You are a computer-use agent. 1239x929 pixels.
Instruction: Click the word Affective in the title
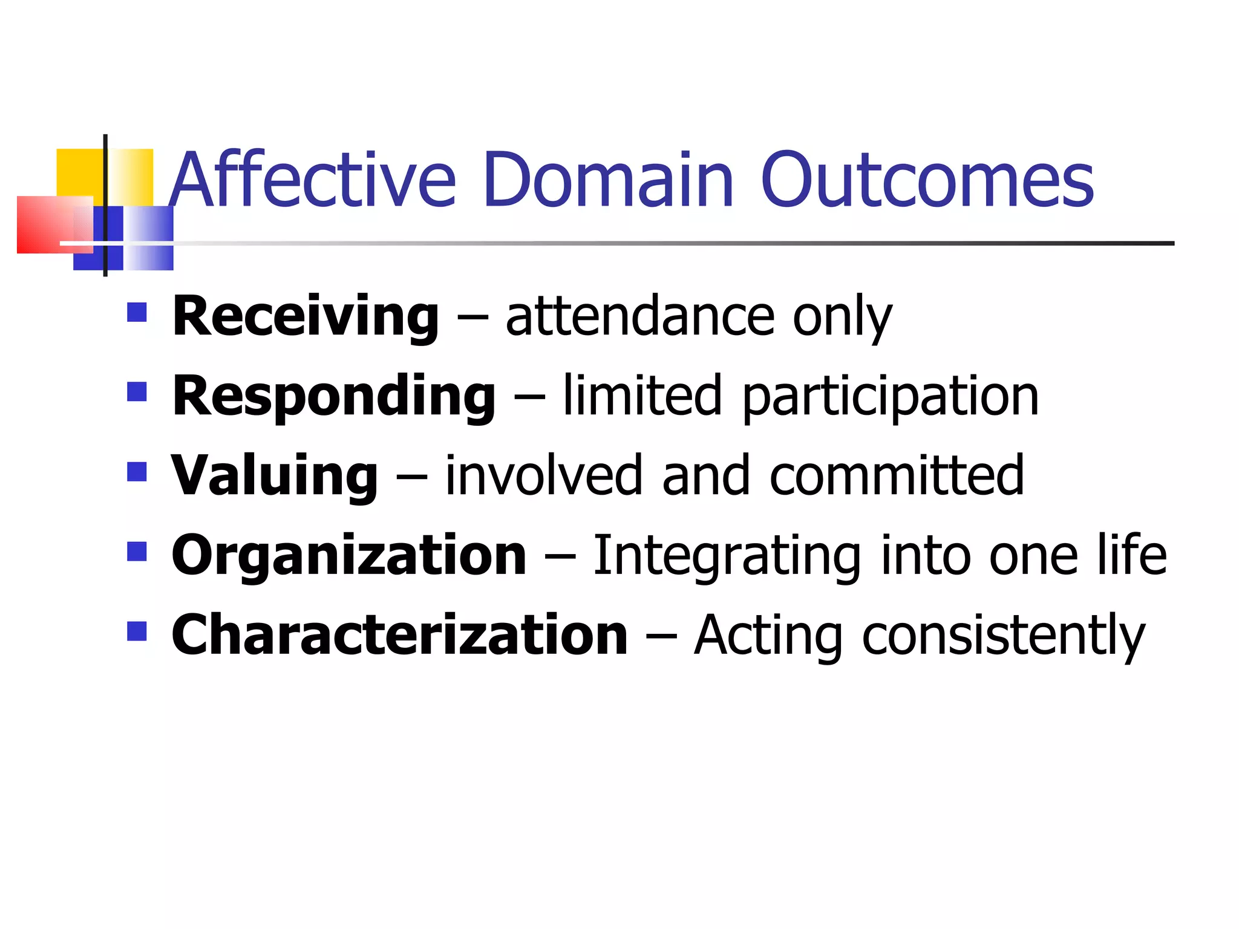[312, 180]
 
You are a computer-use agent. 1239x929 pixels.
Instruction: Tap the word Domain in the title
[608, 180]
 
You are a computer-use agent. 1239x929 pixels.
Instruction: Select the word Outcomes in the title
[927, 180]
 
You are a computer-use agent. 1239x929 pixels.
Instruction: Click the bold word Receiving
[306, 317]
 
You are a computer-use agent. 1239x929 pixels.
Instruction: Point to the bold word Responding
[334, 397]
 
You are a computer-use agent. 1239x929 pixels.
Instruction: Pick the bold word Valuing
[275, 476]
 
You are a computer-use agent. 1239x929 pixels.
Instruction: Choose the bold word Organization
[349, 555]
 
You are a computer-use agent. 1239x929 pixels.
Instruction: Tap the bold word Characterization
[400, 635]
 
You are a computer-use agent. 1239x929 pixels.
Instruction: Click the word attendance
[640, 317]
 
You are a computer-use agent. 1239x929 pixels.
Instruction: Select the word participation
[890, 397]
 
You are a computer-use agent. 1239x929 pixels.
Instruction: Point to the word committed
[897, 476]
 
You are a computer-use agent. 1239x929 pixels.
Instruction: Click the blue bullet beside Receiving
[137, 312]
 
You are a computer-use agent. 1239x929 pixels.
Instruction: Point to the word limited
[642, 396]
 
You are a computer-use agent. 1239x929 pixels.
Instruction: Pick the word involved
[543, 476]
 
